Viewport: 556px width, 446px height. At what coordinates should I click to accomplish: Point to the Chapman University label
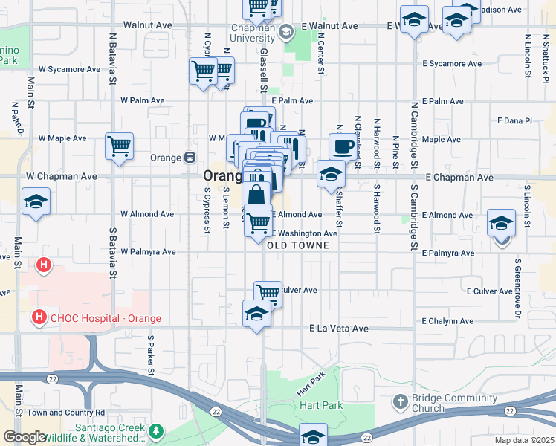253,32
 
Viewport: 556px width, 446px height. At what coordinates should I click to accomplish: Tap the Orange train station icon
190,158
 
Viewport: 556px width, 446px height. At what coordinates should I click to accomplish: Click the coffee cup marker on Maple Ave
343,146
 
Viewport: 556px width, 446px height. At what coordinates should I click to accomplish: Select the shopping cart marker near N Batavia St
119,145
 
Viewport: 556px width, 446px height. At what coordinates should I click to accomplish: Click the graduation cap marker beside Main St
35,202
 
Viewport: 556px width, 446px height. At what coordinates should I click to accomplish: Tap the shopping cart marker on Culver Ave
268,293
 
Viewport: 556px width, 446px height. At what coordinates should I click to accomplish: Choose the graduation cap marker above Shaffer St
330,174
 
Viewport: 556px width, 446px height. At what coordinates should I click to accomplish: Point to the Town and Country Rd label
66,413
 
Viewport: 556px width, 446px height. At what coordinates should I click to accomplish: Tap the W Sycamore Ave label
69,69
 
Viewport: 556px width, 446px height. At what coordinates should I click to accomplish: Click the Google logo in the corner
25,437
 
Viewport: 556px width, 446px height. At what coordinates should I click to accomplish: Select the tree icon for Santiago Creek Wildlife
156,431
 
